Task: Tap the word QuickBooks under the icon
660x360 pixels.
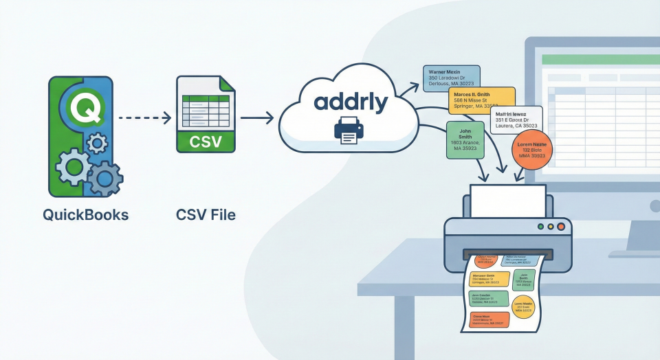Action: pos(85,214)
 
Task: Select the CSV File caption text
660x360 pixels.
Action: pos(205,214)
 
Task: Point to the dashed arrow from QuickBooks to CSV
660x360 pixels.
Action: pos(144,118)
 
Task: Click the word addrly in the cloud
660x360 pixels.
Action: pos(351,102)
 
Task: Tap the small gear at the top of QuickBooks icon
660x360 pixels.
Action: pos(98,143)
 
